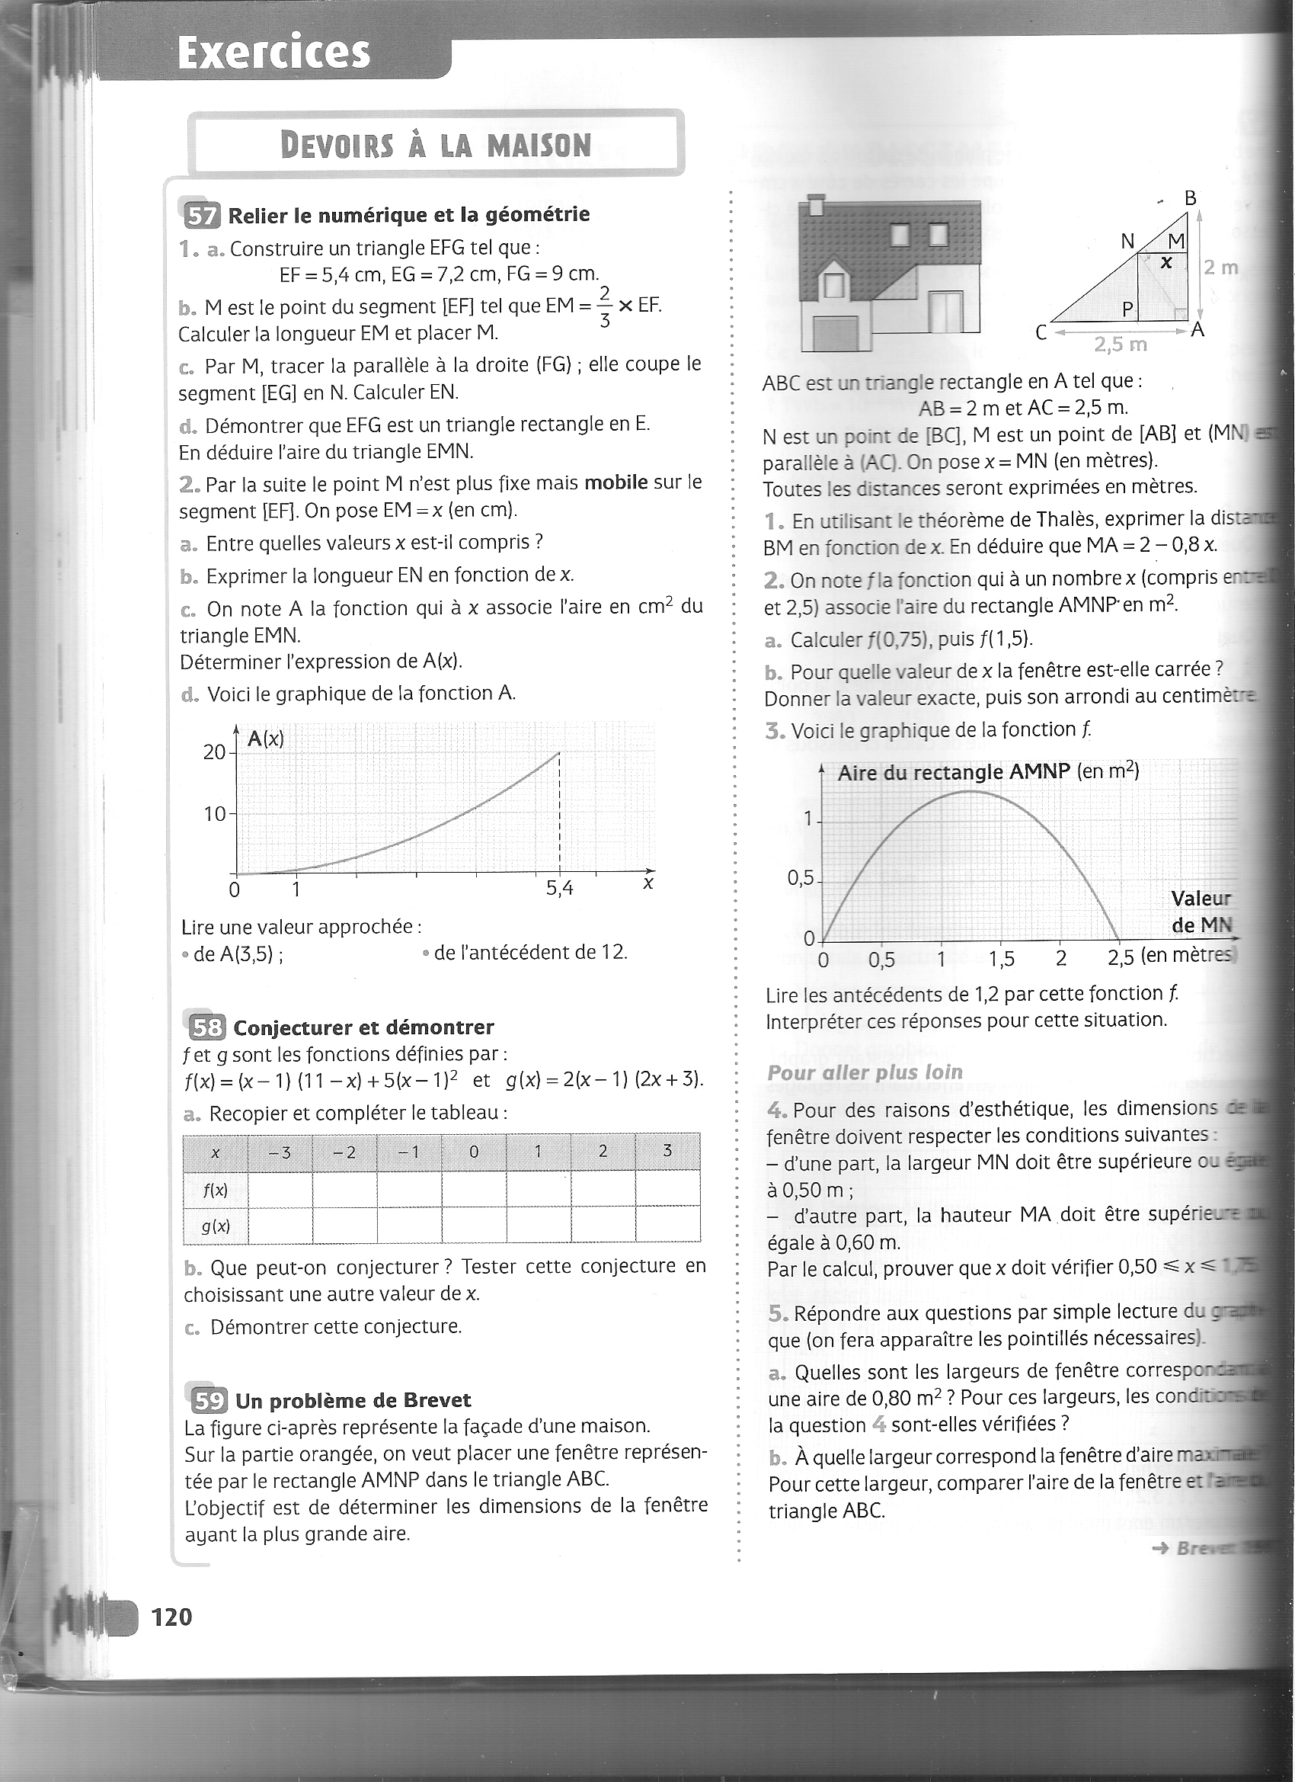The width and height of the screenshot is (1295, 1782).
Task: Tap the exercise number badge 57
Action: point(202,215)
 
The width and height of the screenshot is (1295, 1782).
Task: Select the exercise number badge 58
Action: point(207,1027)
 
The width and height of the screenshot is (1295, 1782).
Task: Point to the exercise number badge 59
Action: point(209,1401)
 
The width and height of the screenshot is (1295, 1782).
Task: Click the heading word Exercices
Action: point(273,53)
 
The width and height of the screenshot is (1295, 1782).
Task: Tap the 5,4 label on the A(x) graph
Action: point(560,889)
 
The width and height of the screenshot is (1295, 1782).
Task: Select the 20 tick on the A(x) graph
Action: point(213,753)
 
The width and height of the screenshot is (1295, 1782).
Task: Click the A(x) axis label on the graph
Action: point(265,739)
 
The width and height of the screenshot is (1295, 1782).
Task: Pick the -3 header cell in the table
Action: point(280,1152)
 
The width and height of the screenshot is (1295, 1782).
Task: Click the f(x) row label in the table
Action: point(215,1191)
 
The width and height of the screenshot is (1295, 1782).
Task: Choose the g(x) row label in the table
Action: point(215,1226)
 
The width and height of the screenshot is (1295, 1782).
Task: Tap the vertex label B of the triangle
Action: point(1191,198)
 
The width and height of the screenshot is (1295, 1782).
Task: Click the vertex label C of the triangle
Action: point(1041,333)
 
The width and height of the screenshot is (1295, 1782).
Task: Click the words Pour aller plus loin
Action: point(865,1072)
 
